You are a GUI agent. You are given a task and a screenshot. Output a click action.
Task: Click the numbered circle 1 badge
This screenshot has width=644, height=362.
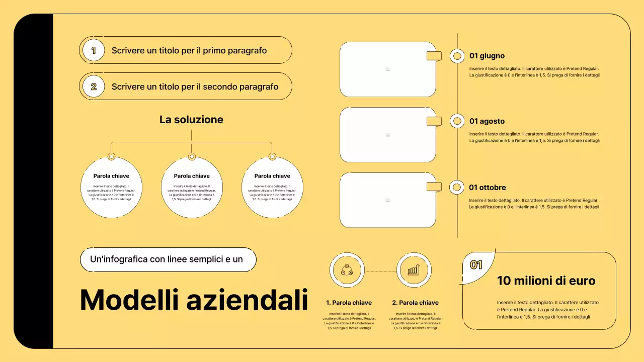click(x=93, y=50)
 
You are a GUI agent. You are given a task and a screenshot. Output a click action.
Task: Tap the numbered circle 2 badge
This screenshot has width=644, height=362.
click(x=93, y=86)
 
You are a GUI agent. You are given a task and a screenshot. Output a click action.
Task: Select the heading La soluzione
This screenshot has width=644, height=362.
click(x=191, y=120)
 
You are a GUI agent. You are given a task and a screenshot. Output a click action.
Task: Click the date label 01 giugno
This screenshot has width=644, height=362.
click(x=487, y=56)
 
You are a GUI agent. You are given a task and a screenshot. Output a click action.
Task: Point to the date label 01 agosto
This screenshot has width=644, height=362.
click(x=487, y=121)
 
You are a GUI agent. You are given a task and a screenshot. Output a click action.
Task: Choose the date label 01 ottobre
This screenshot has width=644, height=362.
click(x=488, y=188)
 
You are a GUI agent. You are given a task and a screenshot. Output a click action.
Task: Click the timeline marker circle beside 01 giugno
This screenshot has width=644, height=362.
click(x=457, y=56)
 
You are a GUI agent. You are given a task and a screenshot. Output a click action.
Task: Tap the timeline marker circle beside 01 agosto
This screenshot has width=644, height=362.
click(x=457, y=121)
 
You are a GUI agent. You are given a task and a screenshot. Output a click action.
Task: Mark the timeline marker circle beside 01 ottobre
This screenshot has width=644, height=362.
click(x=457, y=188)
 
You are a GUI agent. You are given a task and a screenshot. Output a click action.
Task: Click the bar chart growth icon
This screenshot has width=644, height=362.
click(x=414, y=270)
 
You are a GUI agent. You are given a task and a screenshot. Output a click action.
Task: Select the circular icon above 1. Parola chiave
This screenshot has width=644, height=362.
click(x=347, y=270)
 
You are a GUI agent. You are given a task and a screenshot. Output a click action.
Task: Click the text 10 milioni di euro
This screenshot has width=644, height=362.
click(x=546, y=281)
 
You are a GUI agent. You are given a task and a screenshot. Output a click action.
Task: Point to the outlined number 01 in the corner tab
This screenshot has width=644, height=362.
click(x=476, y=264)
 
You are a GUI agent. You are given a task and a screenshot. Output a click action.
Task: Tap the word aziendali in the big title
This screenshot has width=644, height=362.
click(x=247, y=300)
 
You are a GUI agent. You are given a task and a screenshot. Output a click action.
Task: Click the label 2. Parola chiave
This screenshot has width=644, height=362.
click(x=415, y=303)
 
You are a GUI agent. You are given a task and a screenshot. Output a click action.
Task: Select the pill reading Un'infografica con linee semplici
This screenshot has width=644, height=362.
click(x=168, y=259)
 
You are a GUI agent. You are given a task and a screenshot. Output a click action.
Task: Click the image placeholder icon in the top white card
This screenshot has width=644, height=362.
click(x=388, y=69)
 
